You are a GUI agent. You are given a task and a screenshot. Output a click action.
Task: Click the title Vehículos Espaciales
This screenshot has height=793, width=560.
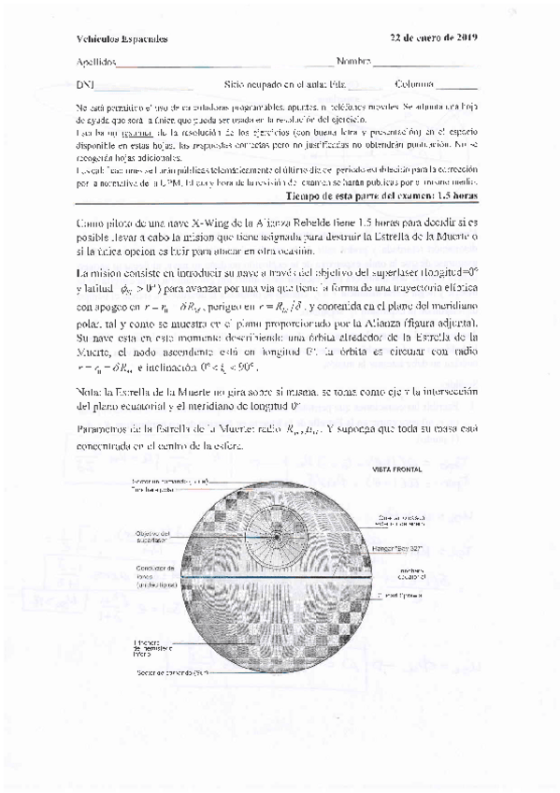tap(122, 39)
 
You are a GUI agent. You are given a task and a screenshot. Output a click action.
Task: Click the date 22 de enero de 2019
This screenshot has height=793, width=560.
tap(434, 37)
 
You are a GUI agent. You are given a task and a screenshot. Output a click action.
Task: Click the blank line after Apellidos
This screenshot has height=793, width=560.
tap(215, 65)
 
